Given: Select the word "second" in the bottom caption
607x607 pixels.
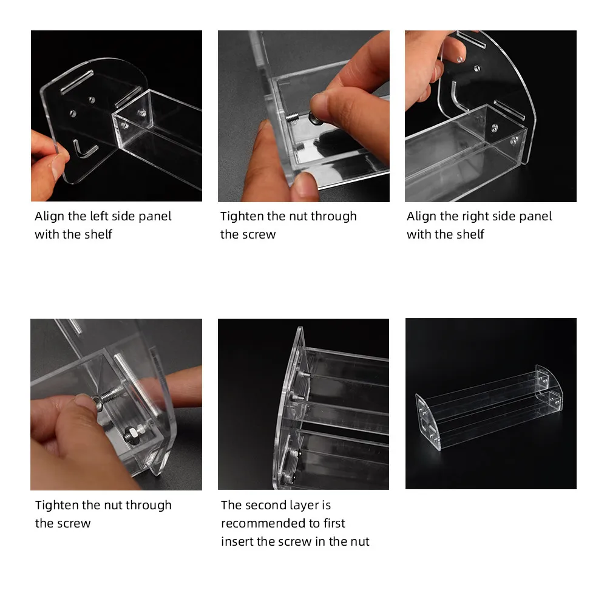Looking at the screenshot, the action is (270, 505).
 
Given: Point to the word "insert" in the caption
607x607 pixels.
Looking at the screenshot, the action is (237, 541).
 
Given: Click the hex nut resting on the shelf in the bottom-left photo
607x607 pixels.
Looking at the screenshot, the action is (131, 435).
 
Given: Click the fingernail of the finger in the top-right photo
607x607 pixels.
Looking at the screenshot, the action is (459, 59).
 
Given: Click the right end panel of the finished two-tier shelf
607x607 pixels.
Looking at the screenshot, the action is (549, 387).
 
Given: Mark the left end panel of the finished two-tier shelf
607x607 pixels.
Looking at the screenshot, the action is (428, 422).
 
